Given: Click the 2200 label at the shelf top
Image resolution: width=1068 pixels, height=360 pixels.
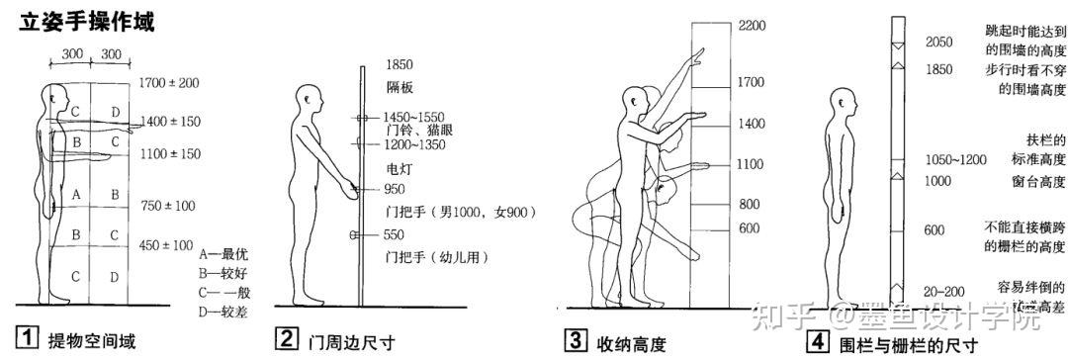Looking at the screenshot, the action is (x=752, y=26).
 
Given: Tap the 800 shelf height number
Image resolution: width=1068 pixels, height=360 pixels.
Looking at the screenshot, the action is (x=749, y=204).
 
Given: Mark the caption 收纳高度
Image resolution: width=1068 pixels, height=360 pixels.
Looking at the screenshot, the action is (x=631, y=343).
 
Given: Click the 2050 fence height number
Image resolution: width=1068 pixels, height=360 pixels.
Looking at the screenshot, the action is (x=939, y=43).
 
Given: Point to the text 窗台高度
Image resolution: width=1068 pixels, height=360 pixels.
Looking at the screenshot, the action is (x=1037, y=181).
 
